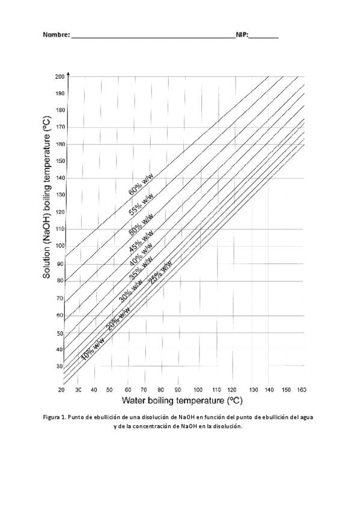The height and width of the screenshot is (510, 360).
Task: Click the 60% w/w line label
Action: (141, 185)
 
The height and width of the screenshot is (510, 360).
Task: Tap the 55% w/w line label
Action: (141, 204)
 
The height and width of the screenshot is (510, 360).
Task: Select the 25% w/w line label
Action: (160, 272)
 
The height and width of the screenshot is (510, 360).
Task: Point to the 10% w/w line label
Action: (93, 349)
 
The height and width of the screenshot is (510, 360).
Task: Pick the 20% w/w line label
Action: (118, 319)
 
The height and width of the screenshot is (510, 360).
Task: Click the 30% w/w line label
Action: (130, 290)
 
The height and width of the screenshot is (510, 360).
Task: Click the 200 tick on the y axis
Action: (59, 77)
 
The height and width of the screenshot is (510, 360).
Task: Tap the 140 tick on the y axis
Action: (59, 178)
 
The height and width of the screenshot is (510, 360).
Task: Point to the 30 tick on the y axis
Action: (59, 366)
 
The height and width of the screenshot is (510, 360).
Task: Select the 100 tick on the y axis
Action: (59, 246)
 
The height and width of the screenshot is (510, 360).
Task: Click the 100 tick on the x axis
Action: (198, 390)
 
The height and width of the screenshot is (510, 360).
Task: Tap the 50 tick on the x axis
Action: (109, 390)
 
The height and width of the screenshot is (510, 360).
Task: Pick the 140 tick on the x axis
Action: (269, 390)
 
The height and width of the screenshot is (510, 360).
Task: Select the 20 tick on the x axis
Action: (61, 390)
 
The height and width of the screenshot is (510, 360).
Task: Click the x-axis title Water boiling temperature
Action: (182, 400)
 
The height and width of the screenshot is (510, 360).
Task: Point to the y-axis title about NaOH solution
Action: (47, 197)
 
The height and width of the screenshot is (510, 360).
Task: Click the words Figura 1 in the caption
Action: (54, 417)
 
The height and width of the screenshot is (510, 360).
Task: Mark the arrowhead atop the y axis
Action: (69, 73)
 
